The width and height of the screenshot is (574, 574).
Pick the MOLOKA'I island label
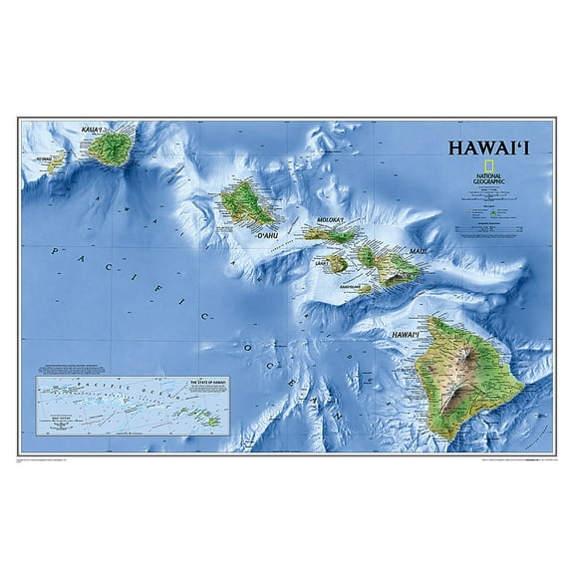(329, 221)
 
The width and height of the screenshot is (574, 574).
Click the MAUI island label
(418, 252)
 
